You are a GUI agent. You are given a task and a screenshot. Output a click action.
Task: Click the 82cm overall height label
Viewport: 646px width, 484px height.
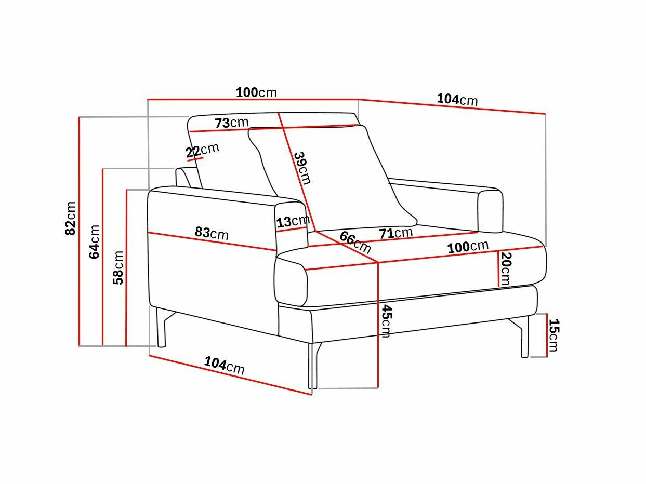70,218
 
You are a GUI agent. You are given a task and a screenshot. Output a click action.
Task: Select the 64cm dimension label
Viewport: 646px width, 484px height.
95,241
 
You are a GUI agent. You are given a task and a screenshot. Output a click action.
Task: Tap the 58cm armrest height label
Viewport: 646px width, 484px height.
118,267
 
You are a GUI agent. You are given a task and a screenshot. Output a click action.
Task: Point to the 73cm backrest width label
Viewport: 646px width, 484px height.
231,123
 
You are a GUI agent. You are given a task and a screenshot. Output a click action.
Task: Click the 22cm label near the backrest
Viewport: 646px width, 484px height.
202,150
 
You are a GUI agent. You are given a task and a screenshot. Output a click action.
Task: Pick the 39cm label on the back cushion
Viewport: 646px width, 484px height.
303,168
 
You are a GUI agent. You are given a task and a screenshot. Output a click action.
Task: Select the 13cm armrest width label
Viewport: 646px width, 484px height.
293,221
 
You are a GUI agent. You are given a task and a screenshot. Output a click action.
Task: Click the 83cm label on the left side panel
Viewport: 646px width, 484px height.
212,233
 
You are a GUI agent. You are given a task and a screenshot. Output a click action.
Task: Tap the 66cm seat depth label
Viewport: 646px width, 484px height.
355,242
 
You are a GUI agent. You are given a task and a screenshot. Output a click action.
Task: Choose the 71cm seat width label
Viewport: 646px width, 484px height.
395,233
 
